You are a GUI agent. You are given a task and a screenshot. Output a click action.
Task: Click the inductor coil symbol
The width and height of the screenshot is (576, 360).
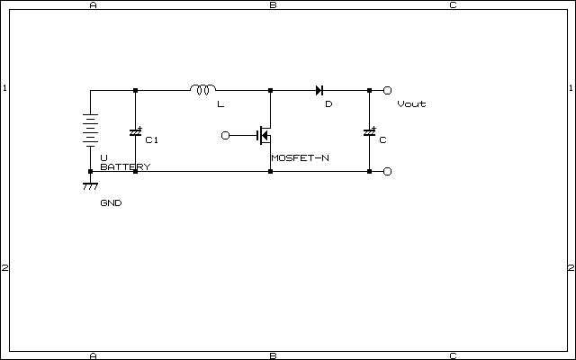[x=202, y=89]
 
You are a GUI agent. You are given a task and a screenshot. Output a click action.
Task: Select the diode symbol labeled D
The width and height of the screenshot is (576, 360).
[x=319, y=90]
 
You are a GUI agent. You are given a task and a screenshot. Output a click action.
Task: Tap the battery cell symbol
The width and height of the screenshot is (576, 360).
[x=90, y=130]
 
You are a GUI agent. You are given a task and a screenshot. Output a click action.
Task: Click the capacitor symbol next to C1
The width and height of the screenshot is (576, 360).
[x=136, y=132]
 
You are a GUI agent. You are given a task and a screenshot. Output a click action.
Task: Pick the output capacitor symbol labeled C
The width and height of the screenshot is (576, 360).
[x=370, y=132]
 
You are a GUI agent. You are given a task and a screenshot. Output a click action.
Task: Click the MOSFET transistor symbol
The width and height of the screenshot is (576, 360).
[x=265, y=135]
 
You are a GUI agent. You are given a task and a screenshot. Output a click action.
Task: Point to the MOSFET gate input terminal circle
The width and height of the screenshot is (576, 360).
[x=225, y=136]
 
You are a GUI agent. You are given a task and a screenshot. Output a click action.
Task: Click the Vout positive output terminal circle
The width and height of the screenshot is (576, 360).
[x=387, y=90]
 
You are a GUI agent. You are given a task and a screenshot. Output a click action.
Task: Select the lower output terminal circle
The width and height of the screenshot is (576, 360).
[x=387, y=172]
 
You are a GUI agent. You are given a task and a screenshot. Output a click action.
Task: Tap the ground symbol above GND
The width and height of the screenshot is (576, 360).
[x=90, y=186]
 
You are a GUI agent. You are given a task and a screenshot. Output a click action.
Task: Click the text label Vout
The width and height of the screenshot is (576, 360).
[x=411, y=104]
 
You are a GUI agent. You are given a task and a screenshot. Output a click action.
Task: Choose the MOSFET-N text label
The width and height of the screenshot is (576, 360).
[x=300, y=158]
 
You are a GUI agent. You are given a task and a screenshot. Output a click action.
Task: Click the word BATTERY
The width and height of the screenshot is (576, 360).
[x=125, y=166]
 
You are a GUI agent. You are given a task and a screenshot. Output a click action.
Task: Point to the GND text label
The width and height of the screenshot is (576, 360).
[x=111, y=202]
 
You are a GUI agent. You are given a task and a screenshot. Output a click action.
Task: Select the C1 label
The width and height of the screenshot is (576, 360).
[x=152, y=140]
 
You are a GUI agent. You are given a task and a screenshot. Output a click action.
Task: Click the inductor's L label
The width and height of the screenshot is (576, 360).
[x=220, y=104]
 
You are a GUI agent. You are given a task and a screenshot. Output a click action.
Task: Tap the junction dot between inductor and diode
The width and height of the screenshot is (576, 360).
[x=270, y=90]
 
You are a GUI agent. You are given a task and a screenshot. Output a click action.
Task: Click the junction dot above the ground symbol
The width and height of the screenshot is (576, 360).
[x=90, y=172]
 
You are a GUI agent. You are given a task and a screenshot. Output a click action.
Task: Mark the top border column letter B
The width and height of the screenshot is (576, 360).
[x=273, y=4]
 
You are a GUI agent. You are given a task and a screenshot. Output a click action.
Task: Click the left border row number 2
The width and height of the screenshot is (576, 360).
[x=4, y=268]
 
